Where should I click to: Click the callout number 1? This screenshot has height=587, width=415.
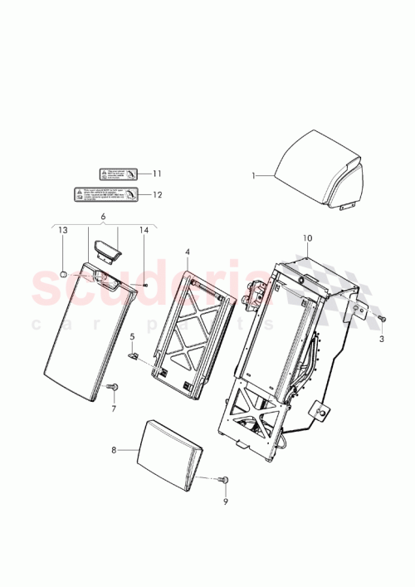pyautogui.click(x=255, y=176)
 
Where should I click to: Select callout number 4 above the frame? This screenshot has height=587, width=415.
pyautogui.click(x=188, y=252)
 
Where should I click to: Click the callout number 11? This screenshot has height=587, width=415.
pyautogui.click(x=155, y=174)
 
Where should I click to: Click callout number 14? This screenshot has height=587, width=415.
pyautogui.click(x=144, y=252)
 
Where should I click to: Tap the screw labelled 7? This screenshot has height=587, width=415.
pyautogui.click(x=114, y=387)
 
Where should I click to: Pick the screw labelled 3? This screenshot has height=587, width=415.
pyautogui.click(x=382, y=318)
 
